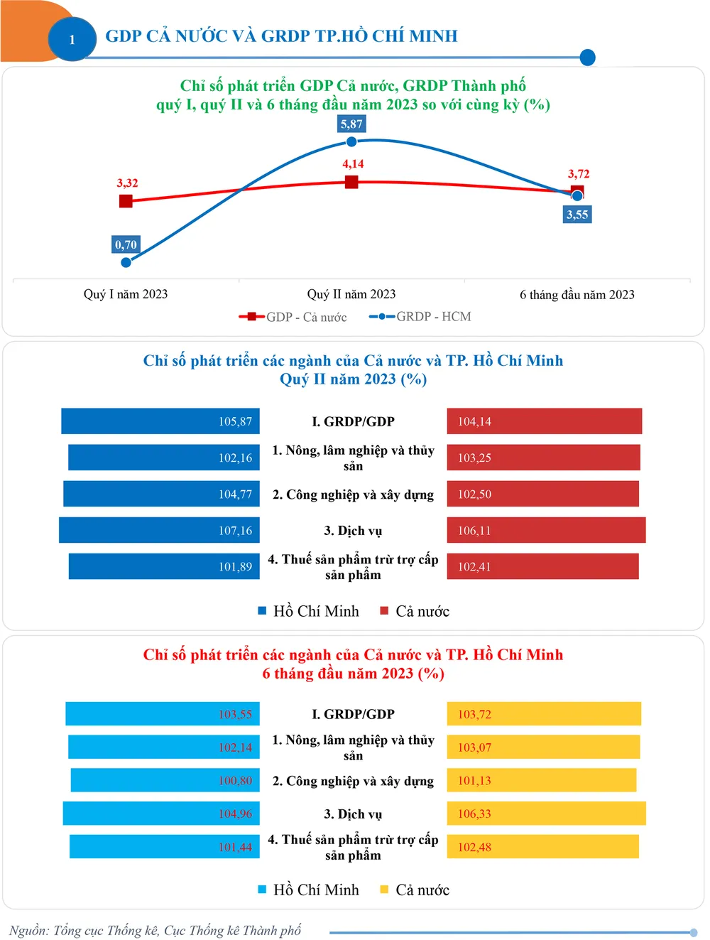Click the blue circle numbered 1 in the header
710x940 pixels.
point(72,39)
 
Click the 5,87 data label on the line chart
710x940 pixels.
point(351,124)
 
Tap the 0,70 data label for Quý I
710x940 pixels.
point(126,244)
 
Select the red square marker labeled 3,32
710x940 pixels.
point(126,201)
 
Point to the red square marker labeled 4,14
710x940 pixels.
point(351,182)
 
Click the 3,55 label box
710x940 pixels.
point(577,215)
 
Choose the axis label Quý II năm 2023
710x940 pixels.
point(351,294)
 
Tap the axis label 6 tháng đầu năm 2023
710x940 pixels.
point(577,295)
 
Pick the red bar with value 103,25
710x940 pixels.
point(543,458)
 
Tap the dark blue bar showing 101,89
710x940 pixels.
point(164,566)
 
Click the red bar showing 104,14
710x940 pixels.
point(544,421)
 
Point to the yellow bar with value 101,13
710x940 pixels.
point(541,780)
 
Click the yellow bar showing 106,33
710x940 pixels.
point(546,814)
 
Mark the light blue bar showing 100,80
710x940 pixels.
point(165,780)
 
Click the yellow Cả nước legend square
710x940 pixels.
point(384,890)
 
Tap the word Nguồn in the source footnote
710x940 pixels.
point(27,931)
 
